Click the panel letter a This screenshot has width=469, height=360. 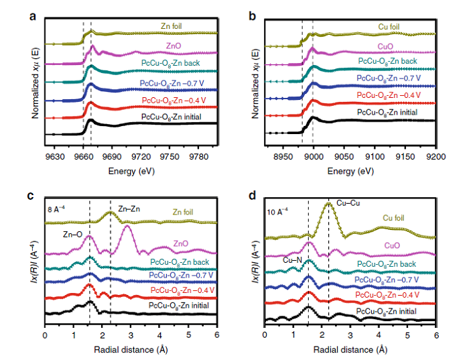33,16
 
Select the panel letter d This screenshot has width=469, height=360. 253,195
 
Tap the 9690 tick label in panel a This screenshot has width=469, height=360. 112,156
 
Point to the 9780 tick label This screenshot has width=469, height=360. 198,156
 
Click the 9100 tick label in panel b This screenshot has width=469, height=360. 375,156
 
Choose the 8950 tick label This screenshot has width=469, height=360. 283,156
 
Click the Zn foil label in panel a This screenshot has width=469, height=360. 171,26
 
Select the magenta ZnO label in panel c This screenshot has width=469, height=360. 181,243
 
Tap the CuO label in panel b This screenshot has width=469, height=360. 385,47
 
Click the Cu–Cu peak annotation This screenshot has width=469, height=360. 348,203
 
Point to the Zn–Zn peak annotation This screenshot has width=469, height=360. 129,209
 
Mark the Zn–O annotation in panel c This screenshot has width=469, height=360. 72,235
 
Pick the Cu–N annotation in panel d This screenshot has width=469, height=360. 292,260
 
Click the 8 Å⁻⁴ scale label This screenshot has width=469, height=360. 56,209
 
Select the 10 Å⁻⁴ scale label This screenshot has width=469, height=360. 277,212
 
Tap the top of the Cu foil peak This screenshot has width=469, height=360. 328,203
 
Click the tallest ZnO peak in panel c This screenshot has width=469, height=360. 127,226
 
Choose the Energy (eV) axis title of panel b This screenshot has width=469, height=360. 350,171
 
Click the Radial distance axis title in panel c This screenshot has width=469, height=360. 131,349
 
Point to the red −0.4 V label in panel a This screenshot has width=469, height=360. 174,101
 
